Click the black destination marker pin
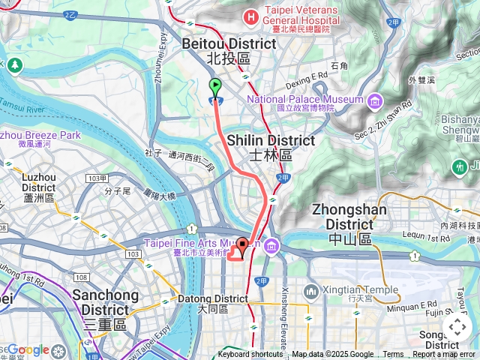243,247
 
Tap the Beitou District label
229,51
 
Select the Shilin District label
260,147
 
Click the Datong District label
212,303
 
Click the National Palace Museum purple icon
374,100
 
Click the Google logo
28,349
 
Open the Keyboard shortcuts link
250,355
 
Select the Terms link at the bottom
393,355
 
